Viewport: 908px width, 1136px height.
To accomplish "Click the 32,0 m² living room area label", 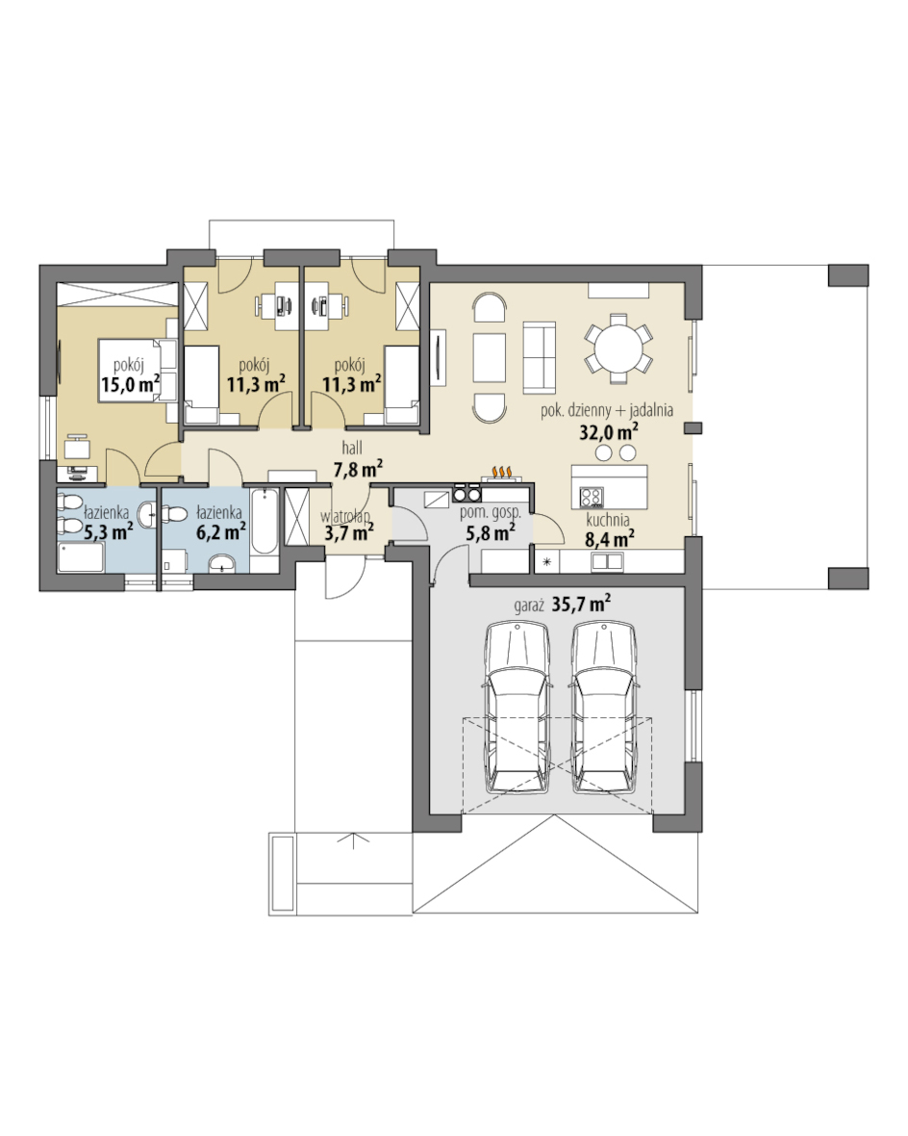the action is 608,432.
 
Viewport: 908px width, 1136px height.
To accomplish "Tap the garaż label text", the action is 529,607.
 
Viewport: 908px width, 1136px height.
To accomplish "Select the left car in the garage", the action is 517,707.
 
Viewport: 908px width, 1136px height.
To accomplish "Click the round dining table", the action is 618,349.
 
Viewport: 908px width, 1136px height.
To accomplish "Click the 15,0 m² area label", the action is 131,383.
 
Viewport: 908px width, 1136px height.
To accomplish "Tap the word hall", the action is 352,450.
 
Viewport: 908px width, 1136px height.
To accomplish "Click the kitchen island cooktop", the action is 591,497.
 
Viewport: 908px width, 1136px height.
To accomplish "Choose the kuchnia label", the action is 608,520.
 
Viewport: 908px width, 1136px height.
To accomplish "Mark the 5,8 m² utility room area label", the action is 491,533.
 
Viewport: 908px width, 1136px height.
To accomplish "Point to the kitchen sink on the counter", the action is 607,560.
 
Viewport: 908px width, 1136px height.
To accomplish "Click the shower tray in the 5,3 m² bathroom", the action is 81,557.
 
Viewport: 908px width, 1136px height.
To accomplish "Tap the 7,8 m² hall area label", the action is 358,470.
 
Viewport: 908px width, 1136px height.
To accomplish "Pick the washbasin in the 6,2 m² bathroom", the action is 222,563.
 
